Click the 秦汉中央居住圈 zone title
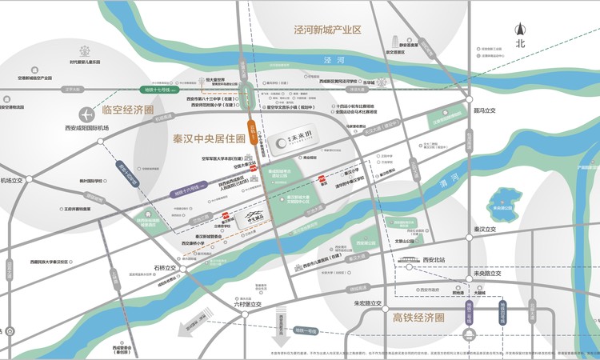tap(209, 138)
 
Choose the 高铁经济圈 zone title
tap(414, 318)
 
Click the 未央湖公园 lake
tap(506, 198)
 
